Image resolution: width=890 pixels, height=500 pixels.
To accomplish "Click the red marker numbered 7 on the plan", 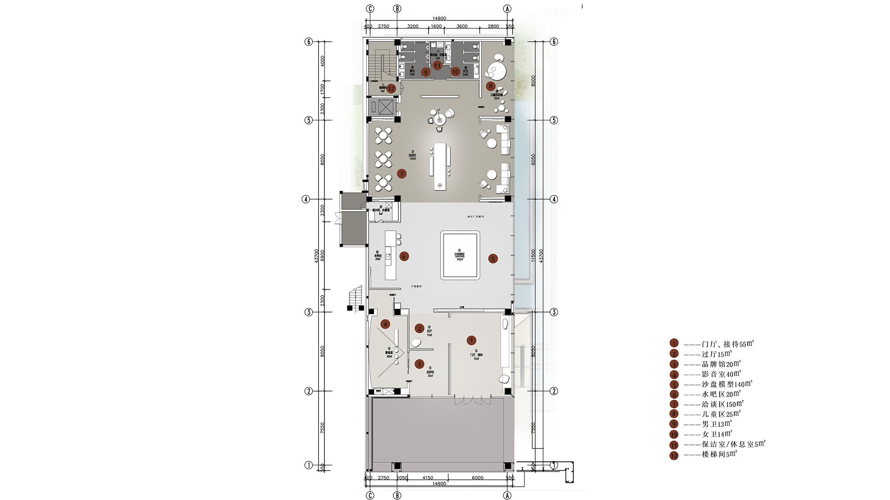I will (x=402, y=174).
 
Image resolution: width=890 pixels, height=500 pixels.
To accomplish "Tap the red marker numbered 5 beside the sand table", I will (x=493, y=259).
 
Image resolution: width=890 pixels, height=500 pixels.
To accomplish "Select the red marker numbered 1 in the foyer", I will (x=472, y=340).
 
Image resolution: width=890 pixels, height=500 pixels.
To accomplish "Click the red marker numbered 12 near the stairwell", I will (x=391, y=88).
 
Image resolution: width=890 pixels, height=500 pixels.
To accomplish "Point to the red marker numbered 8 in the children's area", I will (x=490, y=86).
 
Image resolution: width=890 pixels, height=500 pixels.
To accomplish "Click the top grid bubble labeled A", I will (x=507, y=8).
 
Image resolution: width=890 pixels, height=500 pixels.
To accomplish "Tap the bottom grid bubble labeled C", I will (x=370, y=495).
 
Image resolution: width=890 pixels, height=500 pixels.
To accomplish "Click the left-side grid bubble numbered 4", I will (x=306, y=199).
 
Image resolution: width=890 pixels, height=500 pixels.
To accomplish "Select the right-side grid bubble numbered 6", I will (x=554, y=41).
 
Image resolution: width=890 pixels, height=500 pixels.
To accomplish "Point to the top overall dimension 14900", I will (x=439, y=18).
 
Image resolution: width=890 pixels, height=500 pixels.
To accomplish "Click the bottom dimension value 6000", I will (x=477, y=478).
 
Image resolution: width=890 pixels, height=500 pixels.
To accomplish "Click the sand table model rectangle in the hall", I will (x=460, y=255).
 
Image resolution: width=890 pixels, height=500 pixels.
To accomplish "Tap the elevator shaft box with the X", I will (x=385, y=107).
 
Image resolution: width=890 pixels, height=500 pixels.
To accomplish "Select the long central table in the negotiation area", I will (x=440, y=166).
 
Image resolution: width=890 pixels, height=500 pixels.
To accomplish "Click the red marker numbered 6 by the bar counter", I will (x=404, y=256).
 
